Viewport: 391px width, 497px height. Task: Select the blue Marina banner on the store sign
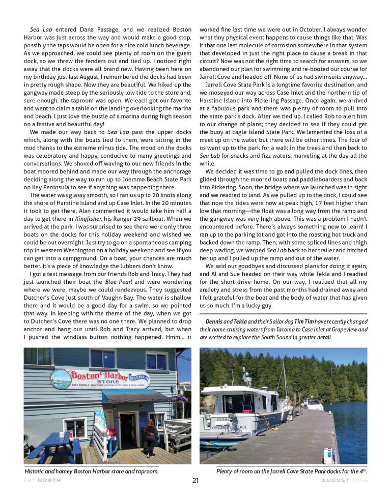(138, 379)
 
